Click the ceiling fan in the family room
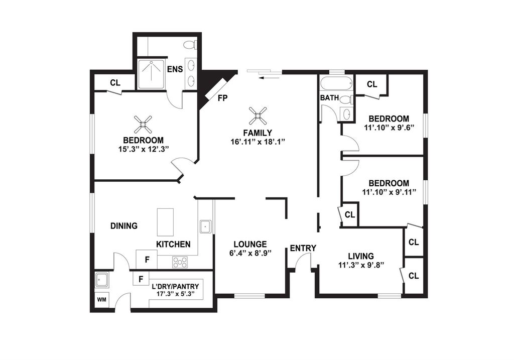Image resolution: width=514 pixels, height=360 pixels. tap(258, 116)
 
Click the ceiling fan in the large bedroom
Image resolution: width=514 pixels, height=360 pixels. tap(143, 124)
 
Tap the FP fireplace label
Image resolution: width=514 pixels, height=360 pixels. tap(222, 98)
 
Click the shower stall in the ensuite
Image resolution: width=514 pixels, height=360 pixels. tap(152, 74)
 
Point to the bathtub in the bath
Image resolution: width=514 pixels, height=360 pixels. tap(336, 84)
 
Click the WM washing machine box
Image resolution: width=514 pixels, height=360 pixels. tap(101, 300)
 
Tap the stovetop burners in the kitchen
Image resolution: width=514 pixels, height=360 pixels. tap(180, 262)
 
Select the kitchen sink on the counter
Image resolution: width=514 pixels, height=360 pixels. tap(206, 226)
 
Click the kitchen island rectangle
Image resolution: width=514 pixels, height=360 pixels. tap(166, 222)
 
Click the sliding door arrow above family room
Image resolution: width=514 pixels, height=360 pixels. tap(269, 78)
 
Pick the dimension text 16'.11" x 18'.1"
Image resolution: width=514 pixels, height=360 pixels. tap(258, 142)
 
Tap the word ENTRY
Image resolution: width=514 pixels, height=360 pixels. tap(303, 248)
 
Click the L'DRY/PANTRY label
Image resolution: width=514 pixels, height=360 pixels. tap(175, 287)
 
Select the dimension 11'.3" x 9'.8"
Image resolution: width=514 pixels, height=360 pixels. tap(361, 265)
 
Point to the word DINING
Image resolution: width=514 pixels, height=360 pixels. tap(124, 226)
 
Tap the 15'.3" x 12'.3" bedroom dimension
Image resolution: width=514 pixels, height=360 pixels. tap(143, 149)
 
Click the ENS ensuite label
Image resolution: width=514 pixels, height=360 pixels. tap(175, 69)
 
